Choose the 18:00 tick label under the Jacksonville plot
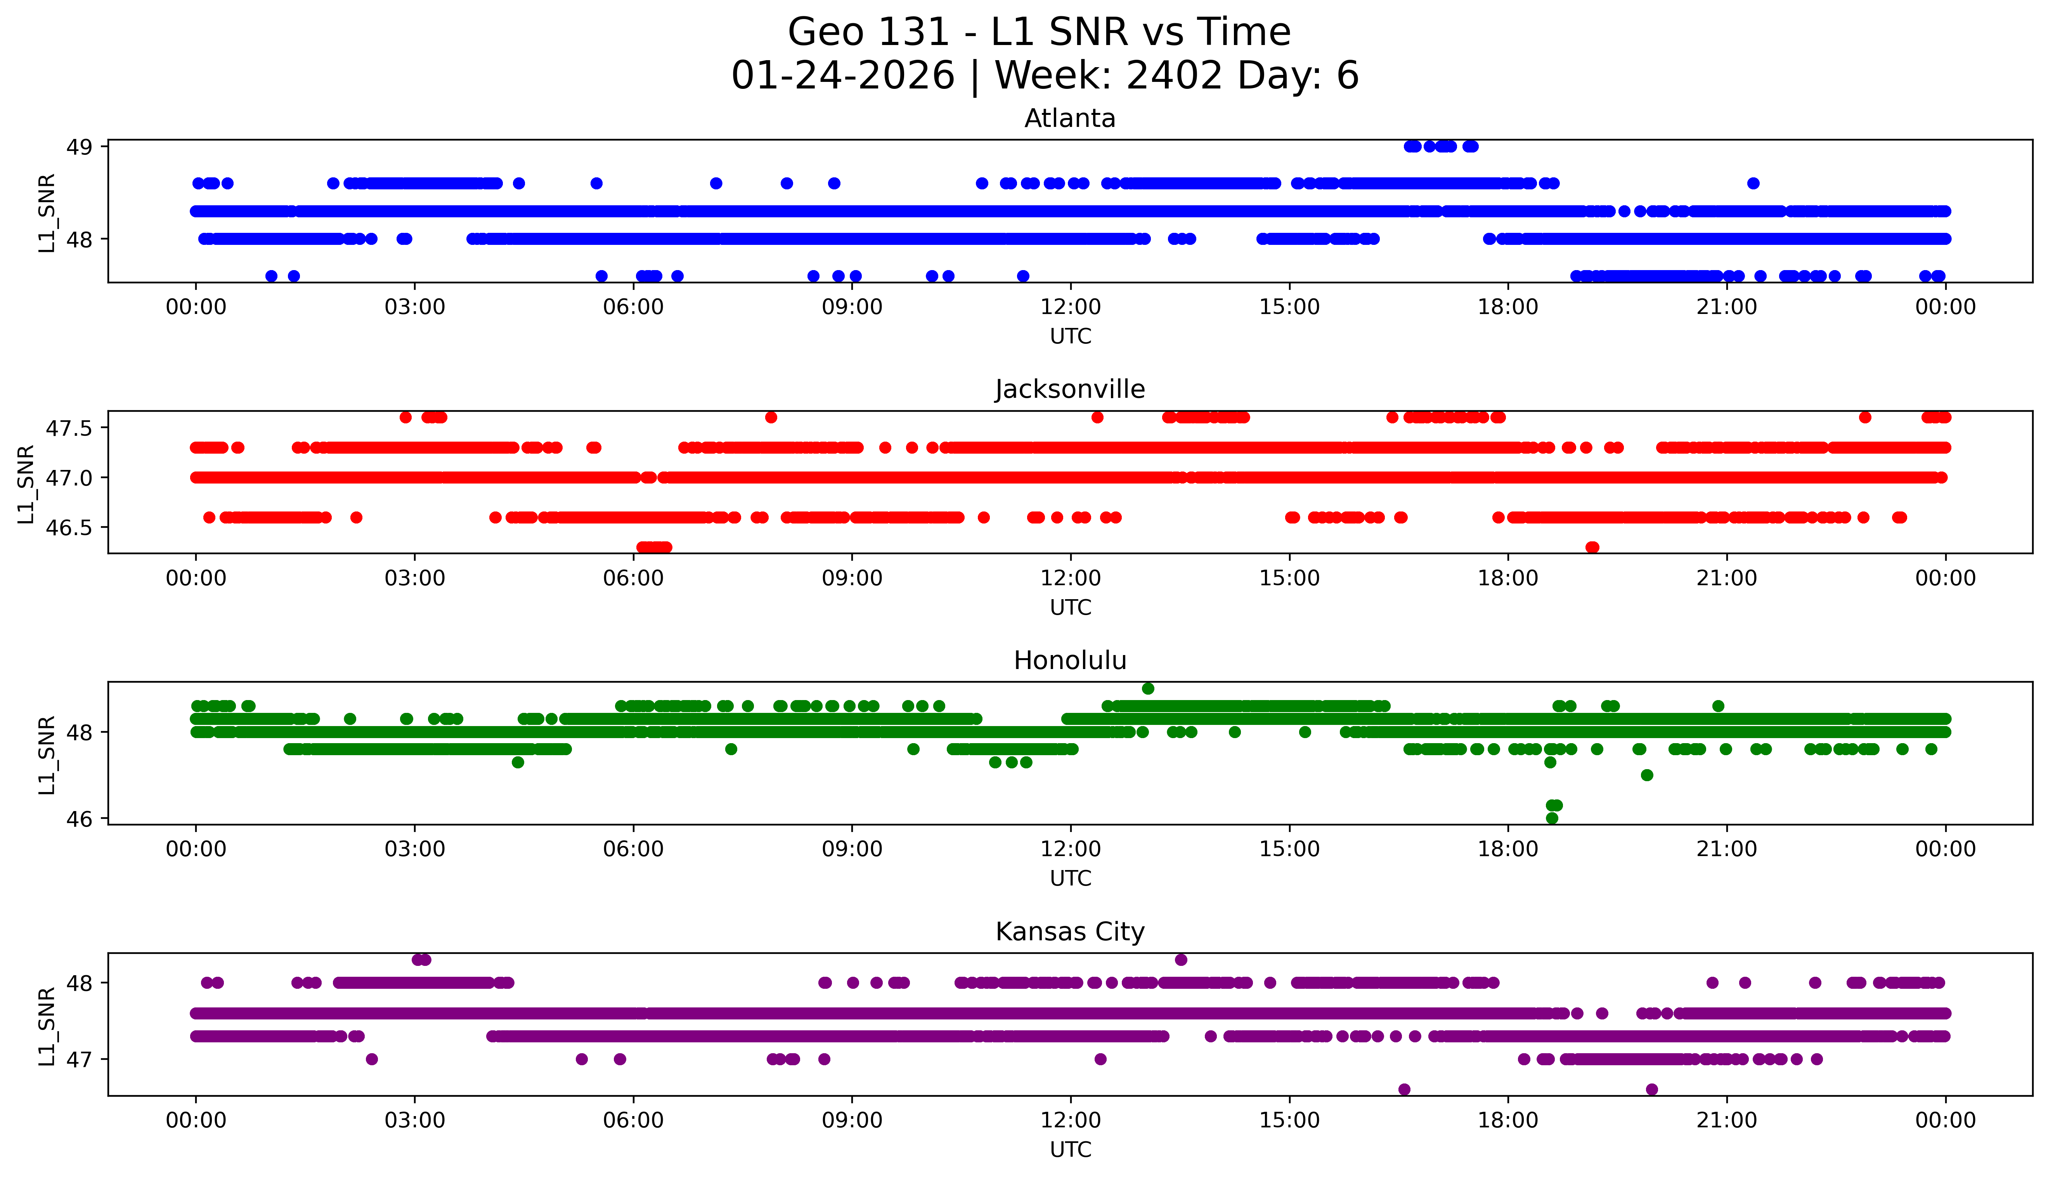[1508, 578]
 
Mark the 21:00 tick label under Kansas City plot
[1727, 1120]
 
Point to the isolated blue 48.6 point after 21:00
[1753, 184]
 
